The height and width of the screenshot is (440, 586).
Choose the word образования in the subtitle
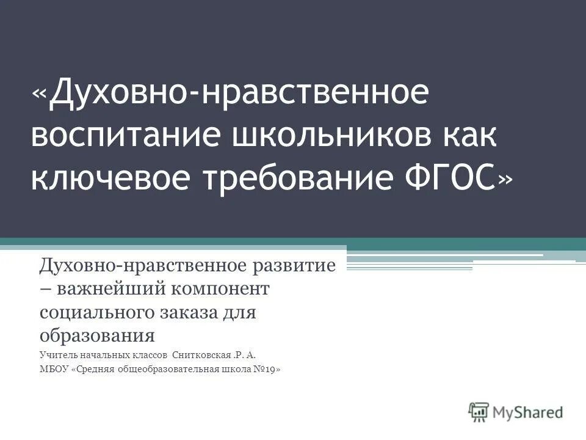98,335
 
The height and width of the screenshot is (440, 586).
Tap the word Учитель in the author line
59,354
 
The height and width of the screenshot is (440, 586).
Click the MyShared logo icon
478,412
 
